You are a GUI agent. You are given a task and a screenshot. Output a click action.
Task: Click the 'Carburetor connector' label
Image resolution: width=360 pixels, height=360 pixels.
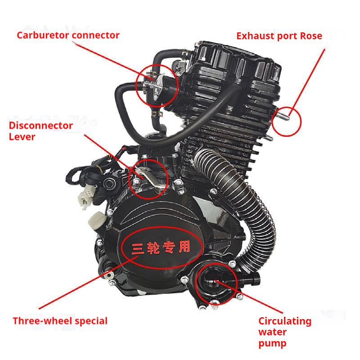[68, 35]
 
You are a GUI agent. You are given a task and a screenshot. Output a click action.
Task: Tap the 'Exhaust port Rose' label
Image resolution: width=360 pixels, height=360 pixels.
[279, 36]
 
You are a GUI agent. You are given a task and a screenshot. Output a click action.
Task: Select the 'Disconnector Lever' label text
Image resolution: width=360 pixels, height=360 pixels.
[40, 131]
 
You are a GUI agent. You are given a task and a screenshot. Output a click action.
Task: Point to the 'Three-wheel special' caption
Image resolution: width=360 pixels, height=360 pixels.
[60, 321]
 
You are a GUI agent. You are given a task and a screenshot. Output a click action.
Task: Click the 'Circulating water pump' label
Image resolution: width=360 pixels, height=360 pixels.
[284, 333]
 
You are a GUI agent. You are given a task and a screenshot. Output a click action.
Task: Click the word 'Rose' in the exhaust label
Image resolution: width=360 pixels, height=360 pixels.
[312, 36]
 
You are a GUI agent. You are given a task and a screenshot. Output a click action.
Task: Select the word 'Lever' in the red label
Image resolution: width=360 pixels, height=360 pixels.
[22, 137]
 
